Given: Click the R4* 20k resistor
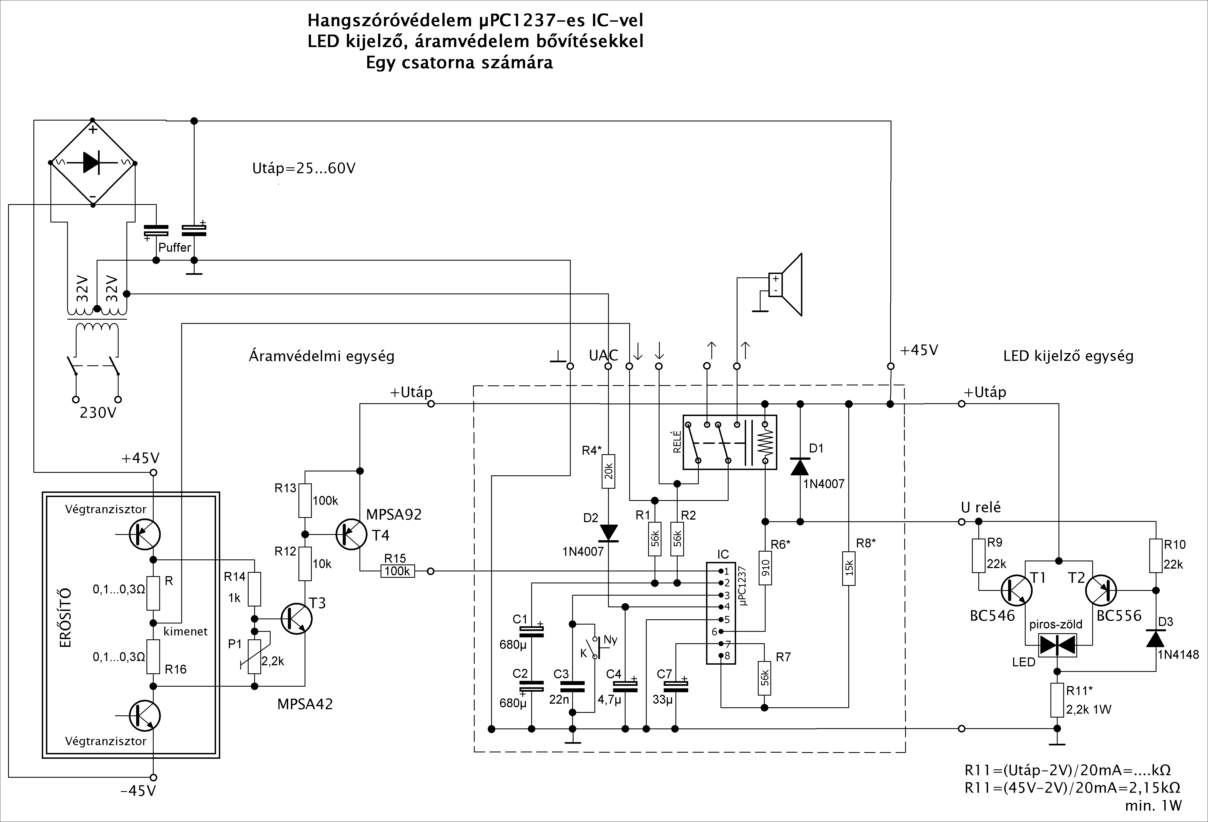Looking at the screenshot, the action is pos(609,471).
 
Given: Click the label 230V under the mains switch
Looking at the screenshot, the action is pos(98,413).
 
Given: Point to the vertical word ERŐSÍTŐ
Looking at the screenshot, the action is pos(65,618).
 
